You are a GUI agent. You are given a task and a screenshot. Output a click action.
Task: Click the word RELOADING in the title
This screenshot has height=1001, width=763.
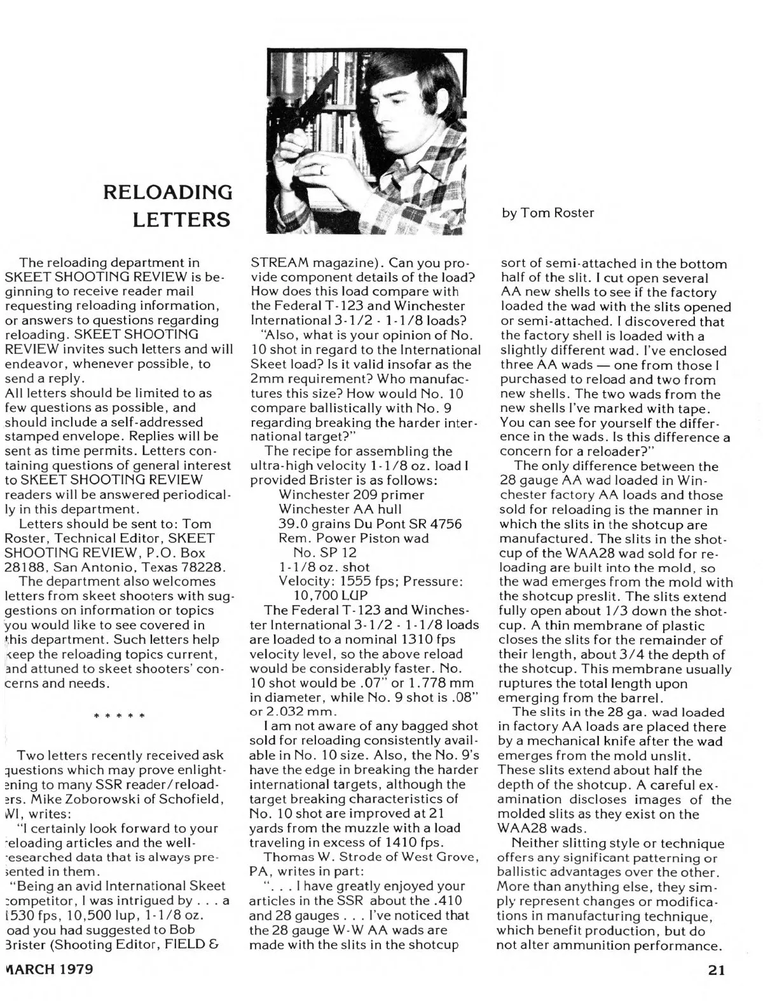click(168, 192)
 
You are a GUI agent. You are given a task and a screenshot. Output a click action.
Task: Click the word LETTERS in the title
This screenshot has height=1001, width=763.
click(181, 220)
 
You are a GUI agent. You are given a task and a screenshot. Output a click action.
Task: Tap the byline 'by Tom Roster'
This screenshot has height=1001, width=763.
click(547, 213)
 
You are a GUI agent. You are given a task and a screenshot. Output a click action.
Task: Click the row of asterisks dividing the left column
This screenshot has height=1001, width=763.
click(120, 716)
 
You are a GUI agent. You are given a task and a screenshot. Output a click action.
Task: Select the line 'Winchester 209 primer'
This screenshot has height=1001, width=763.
click(352, 494)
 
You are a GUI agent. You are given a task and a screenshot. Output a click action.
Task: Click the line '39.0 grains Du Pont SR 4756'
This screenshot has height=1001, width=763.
click(370, 523)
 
